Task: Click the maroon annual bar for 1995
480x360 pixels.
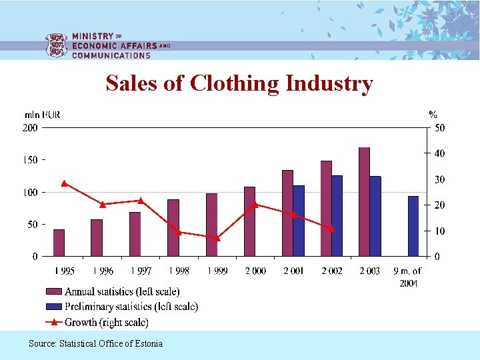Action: [x=59, y=243]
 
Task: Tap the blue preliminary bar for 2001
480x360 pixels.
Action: [x=299, y=221]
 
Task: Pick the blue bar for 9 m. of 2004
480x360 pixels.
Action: [x=413, y=226]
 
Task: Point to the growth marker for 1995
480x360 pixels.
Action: [x=64, y=183]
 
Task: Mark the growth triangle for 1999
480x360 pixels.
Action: [x=217, y=238]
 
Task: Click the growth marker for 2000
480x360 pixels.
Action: [x=255, y=205]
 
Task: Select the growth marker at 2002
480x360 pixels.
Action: [x=331, y=229]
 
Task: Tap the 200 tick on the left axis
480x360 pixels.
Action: [x=31, y=128]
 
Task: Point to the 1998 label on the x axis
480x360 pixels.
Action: [x=178, y=271]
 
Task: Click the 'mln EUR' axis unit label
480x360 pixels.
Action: [x=43, y=115]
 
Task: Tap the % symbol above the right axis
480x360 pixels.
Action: [x=433, y=115]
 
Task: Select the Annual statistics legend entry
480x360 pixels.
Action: [x=122, y=291]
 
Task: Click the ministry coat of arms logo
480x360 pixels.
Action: [x=55, y=46]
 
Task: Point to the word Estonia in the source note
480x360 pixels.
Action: [x=148, y=343]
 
